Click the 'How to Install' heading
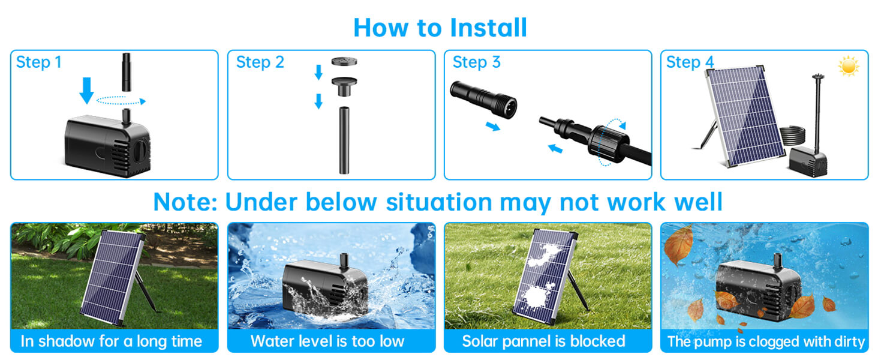[440, 28]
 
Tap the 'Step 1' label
[38, 62]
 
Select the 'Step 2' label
[260, 62]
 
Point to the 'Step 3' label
[477, 62]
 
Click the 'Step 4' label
[690, 62]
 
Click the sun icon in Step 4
[849, 67]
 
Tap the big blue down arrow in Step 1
[87, 90]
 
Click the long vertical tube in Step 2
[344, 140]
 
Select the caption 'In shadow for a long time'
[111, 342]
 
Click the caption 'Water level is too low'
[327, 342]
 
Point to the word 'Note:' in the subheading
[185, 202]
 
